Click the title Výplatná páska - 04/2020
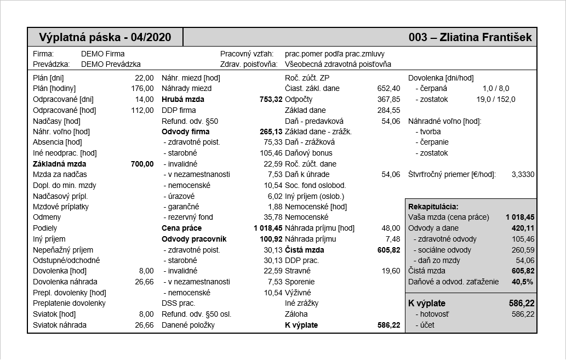[x=105, y=37]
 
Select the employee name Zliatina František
[x=485, y=37]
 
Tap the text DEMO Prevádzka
[x=111, y=64]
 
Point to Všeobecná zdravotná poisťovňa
[x=338, y=64]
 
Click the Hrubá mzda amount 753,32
[x=271, y=99]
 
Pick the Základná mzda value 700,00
[x=142, y=164]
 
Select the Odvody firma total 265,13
[x=271, y=132]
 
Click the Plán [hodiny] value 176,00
[x=142, y=88]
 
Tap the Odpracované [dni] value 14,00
[x=145, y=99]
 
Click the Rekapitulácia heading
[x=433, y=207]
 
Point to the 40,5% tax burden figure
[x=522, y=282]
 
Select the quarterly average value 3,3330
[x=523, y=174]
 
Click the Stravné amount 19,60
[x=391, y=271]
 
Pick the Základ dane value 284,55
[x=389, y=110]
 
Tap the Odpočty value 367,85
[x=389, y=99]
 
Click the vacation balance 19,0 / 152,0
[x=496, y=99]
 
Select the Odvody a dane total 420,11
[x=523, y=228]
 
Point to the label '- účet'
[x=425, y=325]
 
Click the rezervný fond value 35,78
[x=273, y=218]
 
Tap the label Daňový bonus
[x=308, y=153]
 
